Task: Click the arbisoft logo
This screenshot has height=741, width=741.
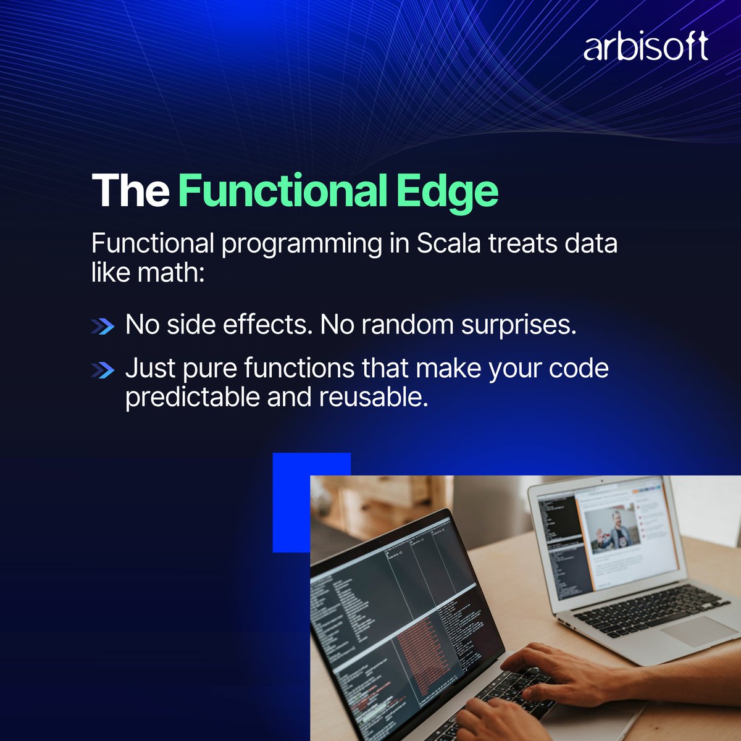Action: coord(645,48)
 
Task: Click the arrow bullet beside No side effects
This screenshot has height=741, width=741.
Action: coord(103,327)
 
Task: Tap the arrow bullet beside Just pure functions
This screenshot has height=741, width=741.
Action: coord(103,370)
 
